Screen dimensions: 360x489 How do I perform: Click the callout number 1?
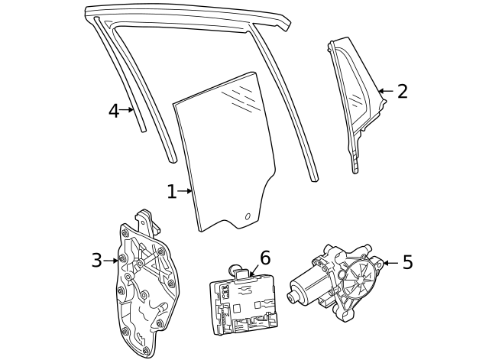point(171,192)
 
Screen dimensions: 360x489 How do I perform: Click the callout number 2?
point(402,92)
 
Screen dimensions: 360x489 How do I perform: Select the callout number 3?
point(96,261)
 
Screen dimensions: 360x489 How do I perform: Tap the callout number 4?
point(113,111)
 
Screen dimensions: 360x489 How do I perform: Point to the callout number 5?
point(407,263)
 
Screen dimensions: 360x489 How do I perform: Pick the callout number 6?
point(265,258)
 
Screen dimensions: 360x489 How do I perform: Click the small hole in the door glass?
point(247,216)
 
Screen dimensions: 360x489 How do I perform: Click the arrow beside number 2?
point(386,92)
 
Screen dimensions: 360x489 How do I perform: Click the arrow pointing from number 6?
point(252,268)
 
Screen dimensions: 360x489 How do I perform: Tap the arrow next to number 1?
point(185,192)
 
